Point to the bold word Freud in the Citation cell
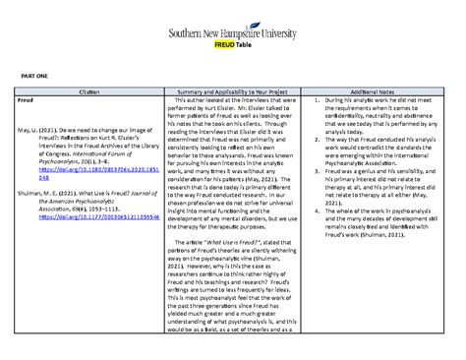pos(29,100)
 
